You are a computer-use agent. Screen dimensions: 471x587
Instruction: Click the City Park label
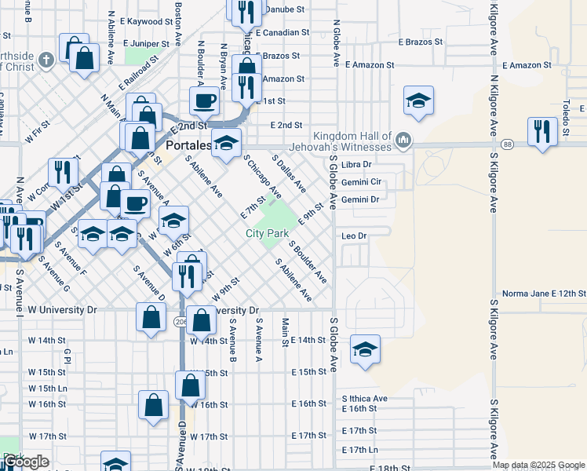[267, 233]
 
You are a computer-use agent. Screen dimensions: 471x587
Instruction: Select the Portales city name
[188, 145]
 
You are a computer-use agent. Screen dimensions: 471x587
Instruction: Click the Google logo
[25, 462]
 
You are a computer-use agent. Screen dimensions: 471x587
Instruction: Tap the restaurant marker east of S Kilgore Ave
[542, 131]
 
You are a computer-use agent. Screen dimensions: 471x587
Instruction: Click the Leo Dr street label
[355, 235]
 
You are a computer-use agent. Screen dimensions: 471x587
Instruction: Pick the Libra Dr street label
[355, 164]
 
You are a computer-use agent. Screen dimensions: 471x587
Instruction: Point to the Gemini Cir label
[360, 181]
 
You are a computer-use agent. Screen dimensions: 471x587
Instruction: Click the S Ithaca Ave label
[364, 399]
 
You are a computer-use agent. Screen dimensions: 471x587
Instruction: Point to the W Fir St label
[38, 130]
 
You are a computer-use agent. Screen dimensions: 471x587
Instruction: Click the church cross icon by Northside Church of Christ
[46, 59]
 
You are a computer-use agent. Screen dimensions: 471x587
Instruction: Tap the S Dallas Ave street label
[289, 173]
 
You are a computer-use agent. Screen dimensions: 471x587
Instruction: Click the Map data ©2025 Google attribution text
[538, 465]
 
